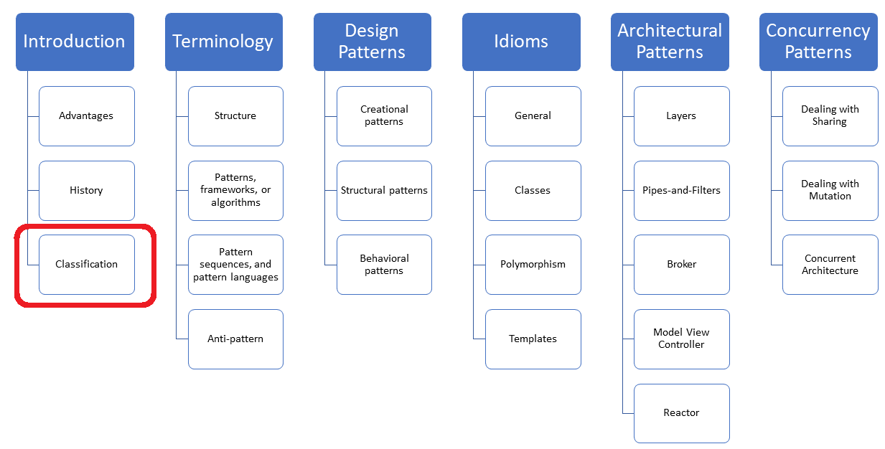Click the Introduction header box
[75, 42]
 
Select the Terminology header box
[223, 42]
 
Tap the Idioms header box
[521, 42]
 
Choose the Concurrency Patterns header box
[818, 42]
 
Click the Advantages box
[87, 115]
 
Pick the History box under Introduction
[87, 190]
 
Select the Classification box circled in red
[87, 264]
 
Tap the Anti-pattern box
[235, 339]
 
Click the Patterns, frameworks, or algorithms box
[235, 190]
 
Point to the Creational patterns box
[384, 115]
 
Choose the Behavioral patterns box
[384, 264]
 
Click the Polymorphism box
[533, 264]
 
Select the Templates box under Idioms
[533, 339]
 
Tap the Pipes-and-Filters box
[681, 190]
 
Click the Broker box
[681, 264]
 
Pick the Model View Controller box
[681, 339]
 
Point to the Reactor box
[681, 413]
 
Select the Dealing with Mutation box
[830, 190]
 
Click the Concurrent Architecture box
[830, 264]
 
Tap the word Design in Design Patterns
[372, 31]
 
